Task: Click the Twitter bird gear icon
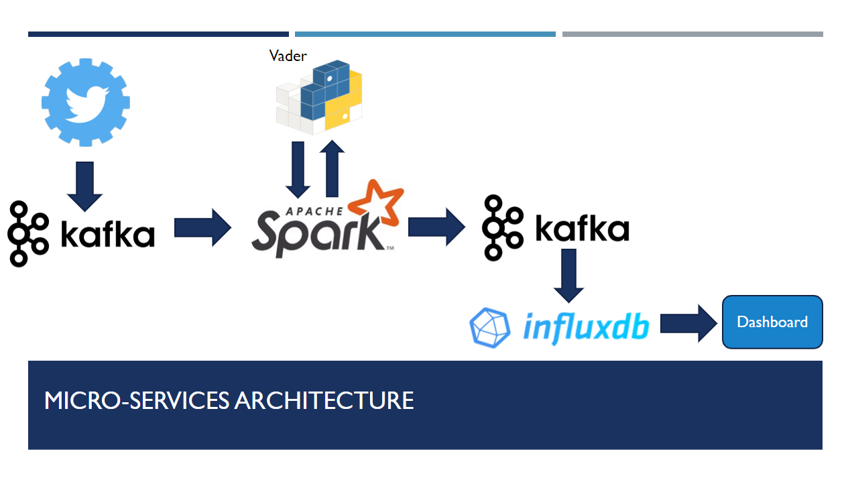(x=86, y=102)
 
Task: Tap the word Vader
(x=288, y=56)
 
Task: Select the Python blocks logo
(x=319, y=97)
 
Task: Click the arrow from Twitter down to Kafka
(x=84, y=186)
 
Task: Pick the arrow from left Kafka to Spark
(x=202, y=227)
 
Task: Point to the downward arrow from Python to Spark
(x=298, y=170)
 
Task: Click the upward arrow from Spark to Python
(x=332, y=168)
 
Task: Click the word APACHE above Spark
(x=314, y=211)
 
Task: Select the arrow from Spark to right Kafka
(x=436, y=227)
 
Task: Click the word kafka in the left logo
(x=108, y=234)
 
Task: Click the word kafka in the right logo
(x=583, y=227)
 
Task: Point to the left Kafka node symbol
(x=28, y=233)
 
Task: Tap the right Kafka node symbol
(x=503, y=227)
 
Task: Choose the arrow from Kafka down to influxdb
(x=569, y=276)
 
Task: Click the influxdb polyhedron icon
(x=490, y=328)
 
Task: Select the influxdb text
(x=587, y=328)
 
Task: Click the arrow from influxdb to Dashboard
(x=688, y=323)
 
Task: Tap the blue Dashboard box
(x=772, y=322)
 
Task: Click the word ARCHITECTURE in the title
(x=324, y=400)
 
